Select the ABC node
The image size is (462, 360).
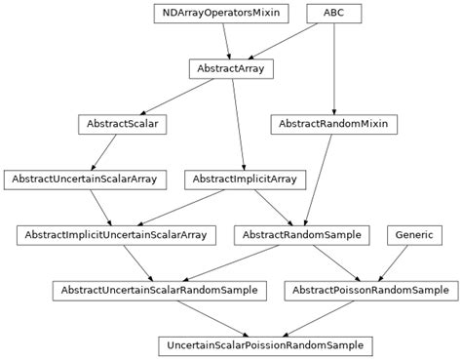pos(333,14)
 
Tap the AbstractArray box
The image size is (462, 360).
pos(231,69)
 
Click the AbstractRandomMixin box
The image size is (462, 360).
pos(333,124)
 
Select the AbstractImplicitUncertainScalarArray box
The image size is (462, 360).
pos(116,235)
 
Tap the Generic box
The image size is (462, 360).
pos(415,235)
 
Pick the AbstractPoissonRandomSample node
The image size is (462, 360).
pos(369,291)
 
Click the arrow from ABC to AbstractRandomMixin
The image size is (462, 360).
pos(333,68)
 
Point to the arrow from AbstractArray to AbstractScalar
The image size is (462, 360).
pos(175,97)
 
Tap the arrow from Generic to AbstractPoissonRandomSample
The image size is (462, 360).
pos(394,262)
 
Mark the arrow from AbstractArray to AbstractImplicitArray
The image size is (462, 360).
pos(238,124)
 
